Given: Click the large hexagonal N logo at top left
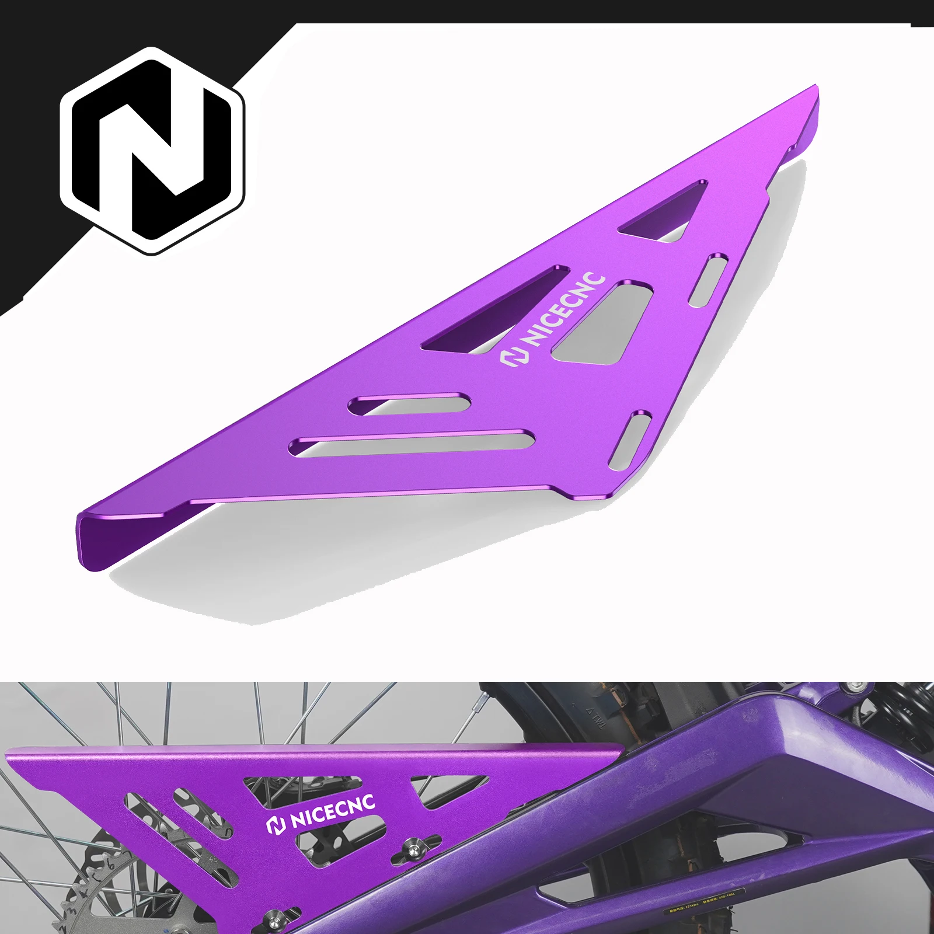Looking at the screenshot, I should (152, 150).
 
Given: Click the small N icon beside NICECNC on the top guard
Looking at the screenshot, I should (510, 357).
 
